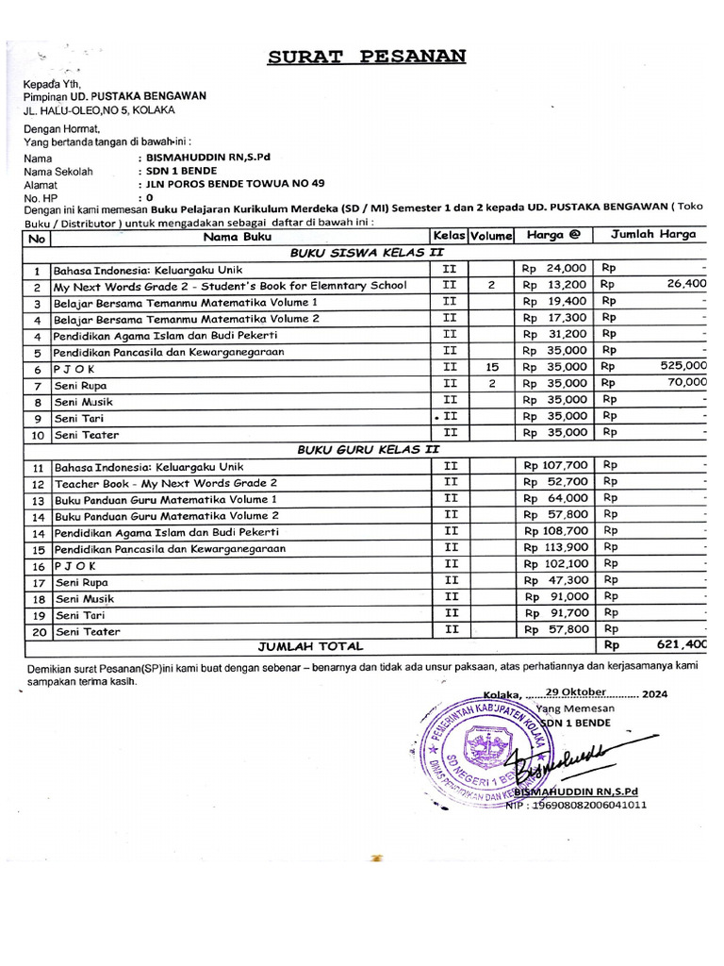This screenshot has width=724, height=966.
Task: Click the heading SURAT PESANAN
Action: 367,56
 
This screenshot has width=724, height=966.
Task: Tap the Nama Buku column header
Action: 237,235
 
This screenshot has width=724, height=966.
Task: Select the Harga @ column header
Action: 554,235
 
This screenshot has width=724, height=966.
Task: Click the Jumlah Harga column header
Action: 653,234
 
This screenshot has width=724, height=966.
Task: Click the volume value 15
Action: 491,366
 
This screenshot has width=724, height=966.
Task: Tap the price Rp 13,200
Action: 555,284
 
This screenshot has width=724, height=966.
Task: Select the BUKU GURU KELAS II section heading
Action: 368,449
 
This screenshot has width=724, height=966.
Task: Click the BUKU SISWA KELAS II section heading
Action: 368,252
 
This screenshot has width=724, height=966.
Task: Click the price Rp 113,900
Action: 555,547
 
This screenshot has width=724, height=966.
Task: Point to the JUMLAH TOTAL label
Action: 310,646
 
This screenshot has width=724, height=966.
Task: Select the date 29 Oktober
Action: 575,691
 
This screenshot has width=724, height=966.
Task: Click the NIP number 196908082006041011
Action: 590,805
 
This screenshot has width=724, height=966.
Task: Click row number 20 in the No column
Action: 38,631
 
